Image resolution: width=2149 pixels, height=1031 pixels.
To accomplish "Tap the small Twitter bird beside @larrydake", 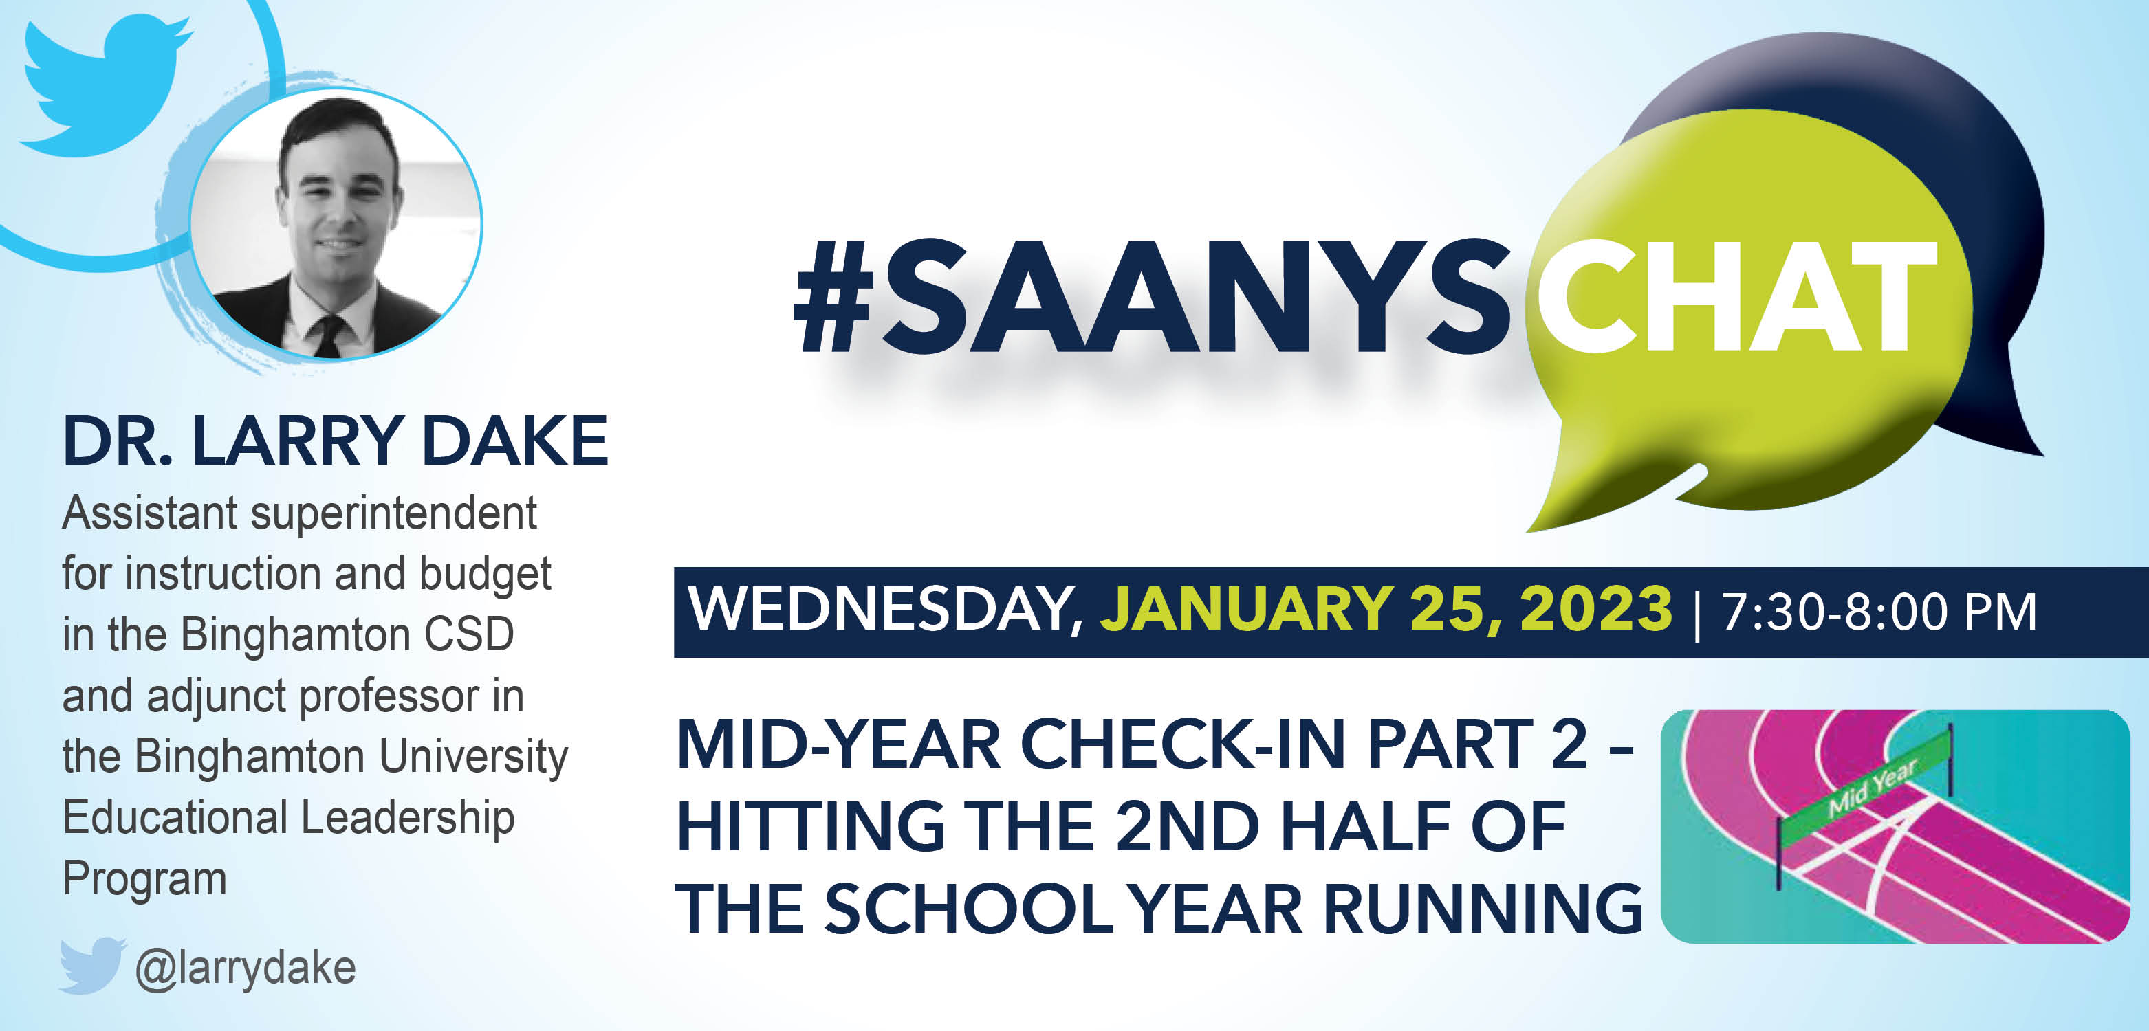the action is [x=91, y=965].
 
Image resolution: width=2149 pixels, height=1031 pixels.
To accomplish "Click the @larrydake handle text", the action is [x=246, y=968].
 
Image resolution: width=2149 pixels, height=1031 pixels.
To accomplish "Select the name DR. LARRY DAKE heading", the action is [x=336, y=441].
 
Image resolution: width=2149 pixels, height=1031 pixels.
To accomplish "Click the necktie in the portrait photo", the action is [x=328, y=335].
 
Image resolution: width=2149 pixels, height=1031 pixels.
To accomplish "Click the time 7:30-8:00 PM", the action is [x=1879, y=612].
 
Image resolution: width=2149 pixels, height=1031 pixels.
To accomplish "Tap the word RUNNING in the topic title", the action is [x=1483, y=909].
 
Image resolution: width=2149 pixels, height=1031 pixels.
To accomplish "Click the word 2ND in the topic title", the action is [x=1186, y=825].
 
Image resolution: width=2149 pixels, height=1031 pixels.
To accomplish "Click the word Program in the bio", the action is [x=144, y=880].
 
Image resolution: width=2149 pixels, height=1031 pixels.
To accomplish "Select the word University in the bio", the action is [x=473, y=757].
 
